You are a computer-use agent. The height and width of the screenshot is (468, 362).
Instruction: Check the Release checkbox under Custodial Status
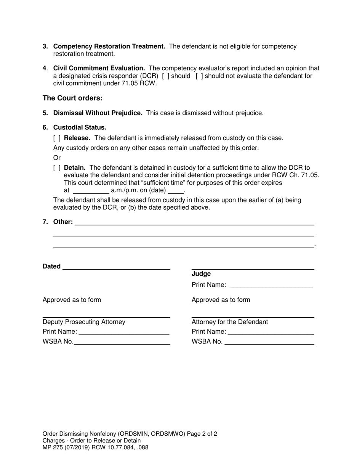tap(57, 138)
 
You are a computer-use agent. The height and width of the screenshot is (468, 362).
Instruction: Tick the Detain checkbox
tap(57, 168)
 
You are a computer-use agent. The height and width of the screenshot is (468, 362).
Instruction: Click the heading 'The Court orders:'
tap(72, 98)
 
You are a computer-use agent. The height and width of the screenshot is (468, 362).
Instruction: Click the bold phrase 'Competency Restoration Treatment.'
tap(109, 46)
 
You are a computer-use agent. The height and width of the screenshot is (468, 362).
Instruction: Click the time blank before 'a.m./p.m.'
tap(91, 191)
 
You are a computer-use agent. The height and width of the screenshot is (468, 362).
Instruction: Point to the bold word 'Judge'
tap(201, 274)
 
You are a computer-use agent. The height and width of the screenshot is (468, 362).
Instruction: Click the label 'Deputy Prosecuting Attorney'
tap(84, 322)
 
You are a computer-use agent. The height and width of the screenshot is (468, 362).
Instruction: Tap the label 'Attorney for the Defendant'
tap(230, 322)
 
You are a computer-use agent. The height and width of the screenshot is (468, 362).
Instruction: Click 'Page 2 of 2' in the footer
tap(202, 433)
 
